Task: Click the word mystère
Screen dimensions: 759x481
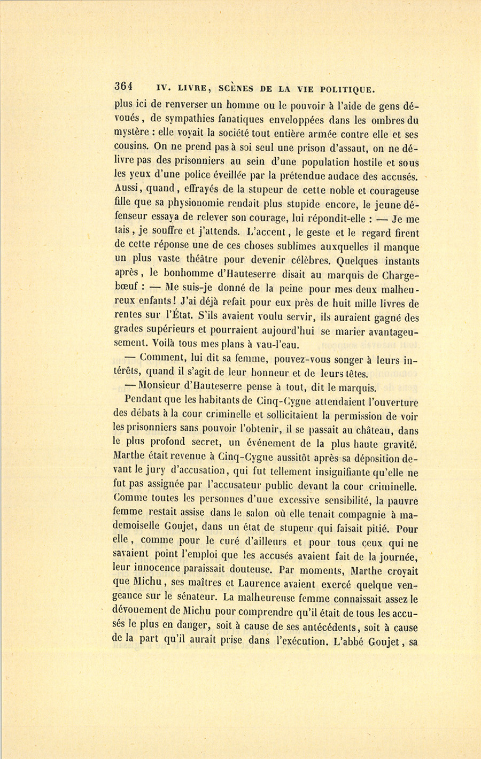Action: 132,135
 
